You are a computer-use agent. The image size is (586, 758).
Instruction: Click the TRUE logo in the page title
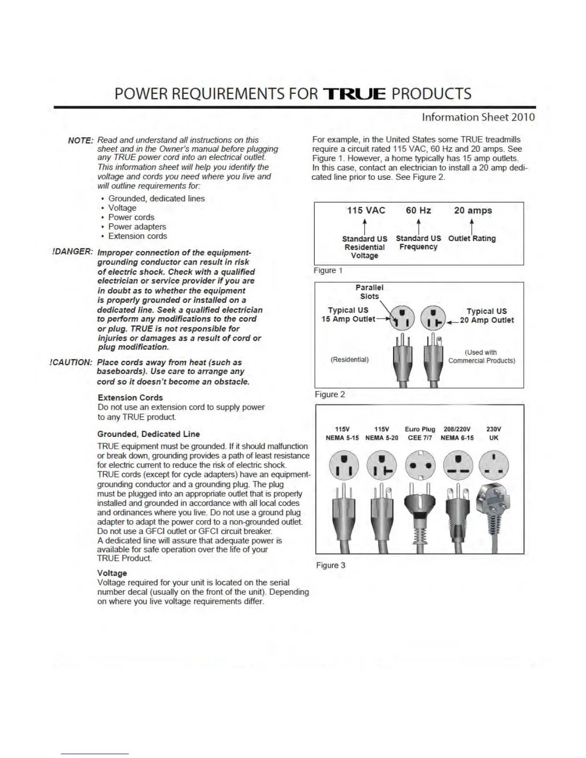coord(354,94)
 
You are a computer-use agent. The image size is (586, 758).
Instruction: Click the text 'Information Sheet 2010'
coord(478,117)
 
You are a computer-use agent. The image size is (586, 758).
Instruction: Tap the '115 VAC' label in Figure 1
coord(366,211)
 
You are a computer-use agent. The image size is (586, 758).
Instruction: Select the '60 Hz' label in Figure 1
coord(418,211)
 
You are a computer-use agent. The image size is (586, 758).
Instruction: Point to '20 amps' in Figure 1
coord(473,211)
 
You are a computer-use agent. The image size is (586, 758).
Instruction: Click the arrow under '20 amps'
coord(472,226)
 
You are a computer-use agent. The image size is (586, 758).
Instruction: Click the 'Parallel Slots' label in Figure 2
coord(369,292)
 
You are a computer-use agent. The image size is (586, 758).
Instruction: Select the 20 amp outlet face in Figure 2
coord(433,318)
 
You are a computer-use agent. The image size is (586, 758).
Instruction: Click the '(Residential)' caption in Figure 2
coord(349,359)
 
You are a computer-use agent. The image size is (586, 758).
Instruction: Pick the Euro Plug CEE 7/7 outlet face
coord(419,465)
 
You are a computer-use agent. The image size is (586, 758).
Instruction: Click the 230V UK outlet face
coord(494,465)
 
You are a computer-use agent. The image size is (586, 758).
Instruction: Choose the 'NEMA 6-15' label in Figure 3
coord(457,438)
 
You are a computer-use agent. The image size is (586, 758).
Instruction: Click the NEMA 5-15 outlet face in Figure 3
coord(342,465)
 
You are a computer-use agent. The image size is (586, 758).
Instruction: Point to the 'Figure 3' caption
coord(330,565)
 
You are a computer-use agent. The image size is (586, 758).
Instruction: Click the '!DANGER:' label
coord(72,252)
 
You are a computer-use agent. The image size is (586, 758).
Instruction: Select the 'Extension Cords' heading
coord(130,398)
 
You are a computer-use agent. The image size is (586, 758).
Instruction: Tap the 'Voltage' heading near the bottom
coord(112,573)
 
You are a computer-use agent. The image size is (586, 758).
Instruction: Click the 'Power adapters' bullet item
coord(137,227)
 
